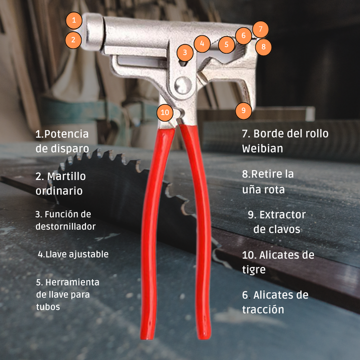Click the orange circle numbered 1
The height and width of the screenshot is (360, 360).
click(x=73, y=20)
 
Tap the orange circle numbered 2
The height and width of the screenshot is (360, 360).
click(x=73, y=40)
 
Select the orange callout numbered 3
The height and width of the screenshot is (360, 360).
click(x=185, y=52)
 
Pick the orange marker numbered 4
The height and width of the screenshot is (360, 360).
click(x=202, y=43)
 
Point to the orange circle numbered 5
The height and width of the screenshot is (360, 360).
click(x=226, y=44)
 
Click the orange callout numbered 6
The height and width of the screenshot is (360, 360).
click(x=243, y=35)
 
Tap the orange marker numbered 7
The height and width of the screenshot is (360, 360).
click(x=260, y=29)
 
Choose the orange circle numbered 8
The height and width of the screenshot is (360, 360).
click(x=263, y=47)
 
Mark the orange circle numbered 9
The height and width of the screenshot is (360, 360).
click(x=243, y=111)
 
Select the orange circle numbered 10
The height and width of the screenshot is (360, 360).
click(x=165, y=112)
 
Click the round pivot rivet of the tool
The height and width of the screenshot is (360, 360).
click(x=183, y=85)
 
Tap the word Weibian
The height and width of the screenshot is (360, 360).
click(x=262, y=148)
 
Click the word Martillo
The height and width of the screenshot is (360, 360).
click(x=66, y=176)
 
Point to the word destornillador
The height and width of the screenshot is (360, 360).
click(x=65, y=226)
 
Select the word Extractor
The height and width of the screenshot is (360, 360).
click(x=282, y=215)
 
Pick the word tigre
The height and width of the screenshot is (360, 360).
click(x=253, y=269)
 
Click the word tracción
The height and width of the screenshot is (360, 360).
click(x=263, y=309)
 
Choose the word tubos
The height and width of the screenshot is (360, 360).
click(x=48, y=307)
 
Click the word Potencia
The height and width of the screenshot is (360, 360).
click(x=66, y=134)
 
